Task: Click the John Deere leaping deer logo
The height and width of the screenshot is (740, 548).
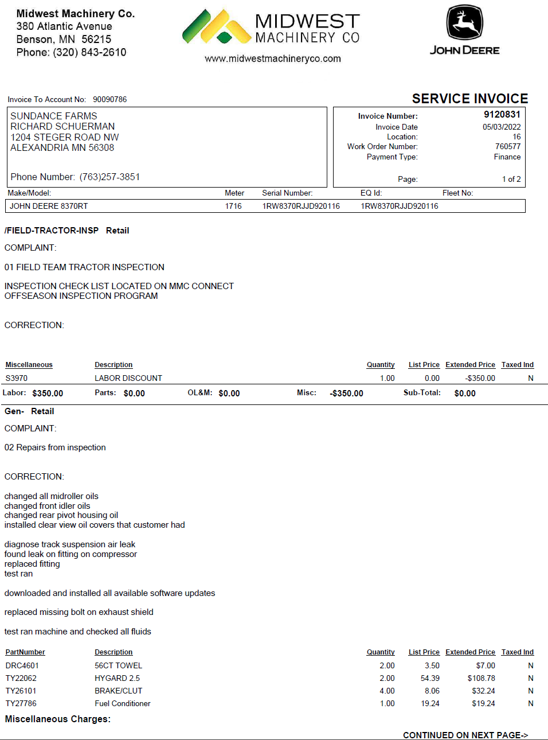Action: pyautogui.click(x=465, y=22)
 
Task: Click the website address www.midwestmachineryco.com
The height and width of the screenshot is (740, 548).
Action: pyautogui.click(x=273, y=59)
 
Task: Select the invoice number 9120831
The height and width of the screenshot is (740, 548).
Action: pyautogui.click(x=502, y=114)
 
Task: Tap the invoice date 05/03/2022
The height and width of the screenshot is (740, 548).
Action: pyautogui.click(x=502, y=127)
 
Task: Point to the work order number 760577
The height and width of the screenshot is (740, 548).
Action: pyautogui.click(x=508, y=146)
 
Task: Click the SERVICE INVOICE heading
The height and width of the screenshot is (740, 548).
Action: pyautogui.click(x=470, y=99)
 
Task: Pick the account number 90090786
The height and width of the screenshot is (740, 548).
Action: pyautogui.click(x=110, y=99)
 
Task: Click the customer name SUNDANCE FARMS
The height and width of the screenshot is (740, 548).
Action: pyautogui.click(x=54, y=116)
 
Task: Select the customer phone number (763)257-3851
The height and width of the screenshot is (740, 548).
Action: pyautogui.click(x=109, y=177)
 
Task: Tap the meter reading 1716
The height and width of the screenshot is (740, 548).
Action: pyautogui.click(x=233, y=206)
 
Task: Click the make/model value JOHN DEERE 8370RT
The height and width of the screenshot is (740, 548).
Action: pyautogui.click(x=49, y=206)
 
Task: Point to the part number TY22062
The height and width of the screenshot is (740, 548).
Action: pyautogui.click(x=21, y=678)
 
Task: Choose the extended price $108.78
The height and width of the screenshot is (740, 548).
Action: pyautogui.click(x=482, y=678)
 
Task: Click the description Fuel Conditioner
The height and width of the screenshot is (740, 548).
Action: pyautogui.click(x=123, y=703)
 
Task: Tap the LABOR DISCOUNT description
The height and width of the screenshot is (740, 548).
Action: pyautogui.click(x=128, y=378)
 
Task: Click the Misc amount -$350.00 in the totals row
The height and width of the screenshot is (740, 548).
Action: pyautogui.click(x=347, y=394)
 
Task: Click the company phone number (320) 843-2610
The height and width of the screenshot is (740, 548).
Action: pyautogui.click(x=89, y=52)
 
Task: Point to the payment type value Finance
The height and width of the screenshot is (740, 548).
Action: pyautogui.click(x=507, y=157)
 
